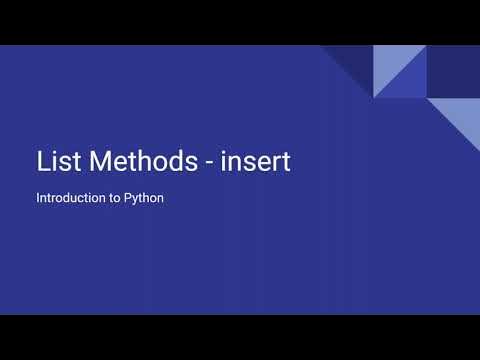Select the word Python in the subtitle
[144, 198]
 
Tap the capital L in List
[41, 161]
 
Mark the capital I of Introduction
[38, 198]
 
